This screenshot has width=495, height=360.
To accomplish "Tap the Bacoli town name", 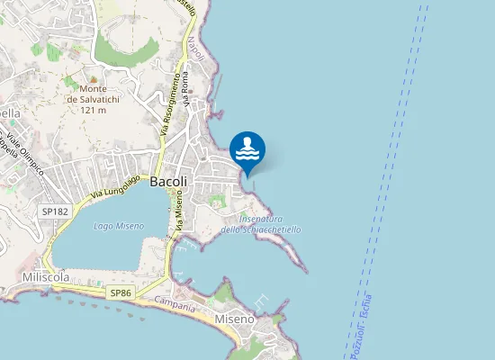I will pos(168,181).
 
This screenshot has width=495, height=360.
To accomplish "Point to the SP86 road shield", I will pos(121,293).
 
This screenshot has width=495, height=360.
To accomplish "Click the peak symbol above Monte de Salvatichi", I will pos(70,79).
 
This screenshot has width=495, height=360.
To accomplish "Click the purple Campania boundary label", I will pos(175,306).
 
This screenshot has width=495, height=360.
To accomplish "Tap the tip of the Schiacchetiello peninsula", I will pos(307,272).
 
